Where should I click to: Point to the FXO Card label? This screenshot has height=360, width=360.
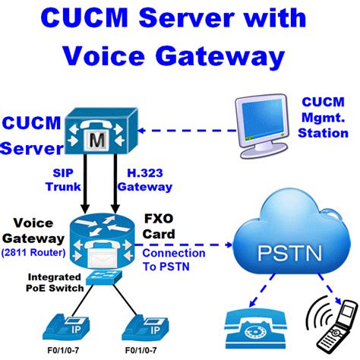(157, 226)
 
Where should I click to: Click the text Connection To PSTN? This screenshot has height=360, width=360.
(174, 258)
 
